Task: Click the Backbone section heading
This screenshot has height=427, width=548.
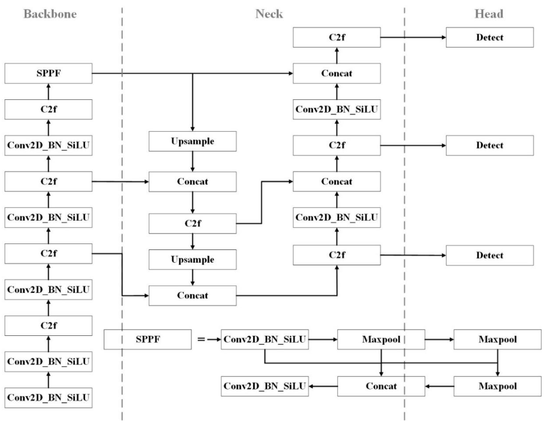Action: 50,14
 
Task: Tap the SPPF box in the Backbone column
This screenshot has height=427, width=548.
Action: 48,73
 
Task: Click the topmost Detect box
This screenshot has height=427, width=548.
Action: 490,37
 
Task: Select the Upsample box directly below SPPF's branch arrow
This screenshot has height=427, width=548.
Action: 192,141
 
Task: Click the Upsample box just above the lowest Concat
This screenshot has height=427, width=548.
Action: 192,259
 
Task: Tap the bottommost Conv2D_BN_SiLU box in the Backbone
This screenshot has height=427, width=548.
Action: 48,398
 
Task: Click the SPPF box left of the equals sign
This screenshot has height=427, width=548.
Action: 148,339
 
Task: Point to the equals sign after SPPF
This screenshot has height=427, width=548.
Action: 201,339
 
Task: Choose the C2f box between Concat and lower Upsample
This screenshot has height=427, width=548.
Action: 192,223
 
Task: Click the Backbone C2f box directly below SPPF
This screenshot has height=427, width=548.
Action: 48,109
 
